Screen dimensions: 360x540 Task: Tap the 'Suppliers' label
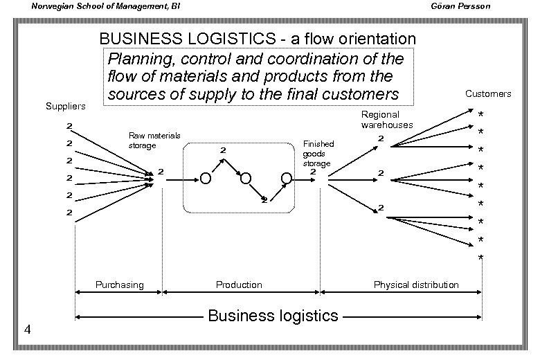[65, 106]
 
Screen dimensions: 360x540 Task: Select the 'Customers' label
[488, 93]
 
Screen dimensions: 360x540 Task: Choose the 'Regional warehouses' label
[386, 120]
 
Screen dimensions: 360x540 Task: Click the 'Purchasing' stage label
[119, 285]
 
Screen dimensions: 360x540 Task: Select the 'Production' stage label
[239, 285]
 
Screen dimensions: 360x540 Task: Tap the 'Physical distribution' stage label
[415, 285]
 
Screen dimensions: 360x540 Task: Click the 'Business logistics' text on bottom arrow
[273, 316]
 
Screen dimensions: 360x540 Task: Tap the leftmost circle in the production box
[206, 179]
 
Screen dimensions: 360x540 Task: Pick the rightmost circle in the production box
[286, 179]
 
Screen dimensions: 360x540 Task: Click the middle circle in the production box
[245, 179]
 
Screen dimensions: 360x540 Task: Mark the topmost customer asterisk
[480, 114]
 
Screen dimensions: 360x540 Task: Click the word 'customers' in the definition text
[361, 93]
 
